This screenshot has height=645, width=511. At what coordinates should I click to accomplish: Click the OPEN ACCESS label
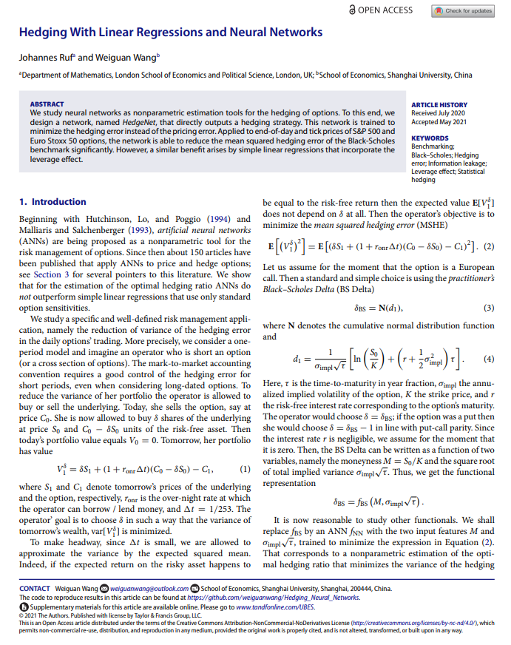point(385,10)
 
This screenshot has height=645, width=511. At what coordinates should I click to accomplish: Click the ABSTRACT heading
point(47,104)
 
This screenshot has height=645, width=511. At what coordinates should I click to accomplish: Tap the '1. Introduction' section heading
point(53,202)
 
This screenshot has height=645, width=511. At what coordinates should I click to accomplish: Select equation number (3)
point(487,307)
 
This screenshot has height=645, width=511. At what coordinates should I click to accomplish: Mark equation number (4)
point(487,360)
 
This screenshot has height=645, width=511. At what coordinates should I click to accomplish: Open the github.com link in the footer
point(273,597)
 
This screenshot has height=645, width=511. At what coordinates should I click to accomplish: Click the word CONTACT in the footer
point(35,589)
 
